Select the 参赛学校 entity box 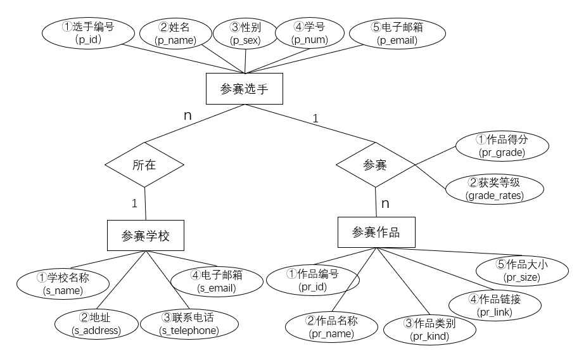pos(146,236)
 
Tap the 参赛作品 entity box pos(377,232)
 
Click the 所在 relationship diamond pos(144,165)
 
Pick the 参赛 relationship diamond pos(374,165)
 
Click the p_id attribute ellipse pos(88,33)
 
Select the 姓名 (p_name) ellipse pos(175,33)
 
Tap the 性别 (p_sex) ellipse pos(245,33)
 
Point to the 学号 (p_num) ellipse pos(309,33)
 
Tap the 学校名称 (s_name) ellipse pos(63,283)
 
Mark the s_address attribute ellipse pos(96,324)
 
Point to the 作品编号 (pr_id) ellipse pos(312,280)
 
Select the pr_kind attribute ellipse pos(429,330)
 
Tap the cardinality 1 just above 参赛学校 pos(134,203)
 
